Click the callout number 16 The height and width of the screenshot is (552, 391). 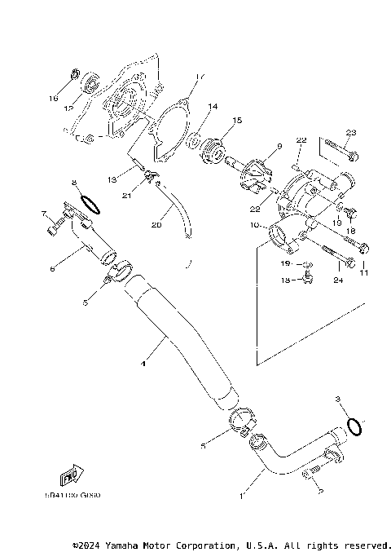point(53,98)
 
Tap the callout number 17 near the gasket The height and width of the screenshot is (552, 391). point(198,77)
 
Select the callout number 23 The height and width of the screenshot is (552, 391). point(351,132)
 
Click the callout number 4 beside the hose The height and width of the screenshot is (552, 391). point(143,364)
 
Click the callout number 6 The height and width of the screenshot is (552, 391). point(53,267)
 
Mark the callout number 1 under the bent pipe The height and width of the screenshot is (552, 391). point(241,495)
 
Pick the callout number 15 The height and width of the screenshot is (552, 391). point(237,121)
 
